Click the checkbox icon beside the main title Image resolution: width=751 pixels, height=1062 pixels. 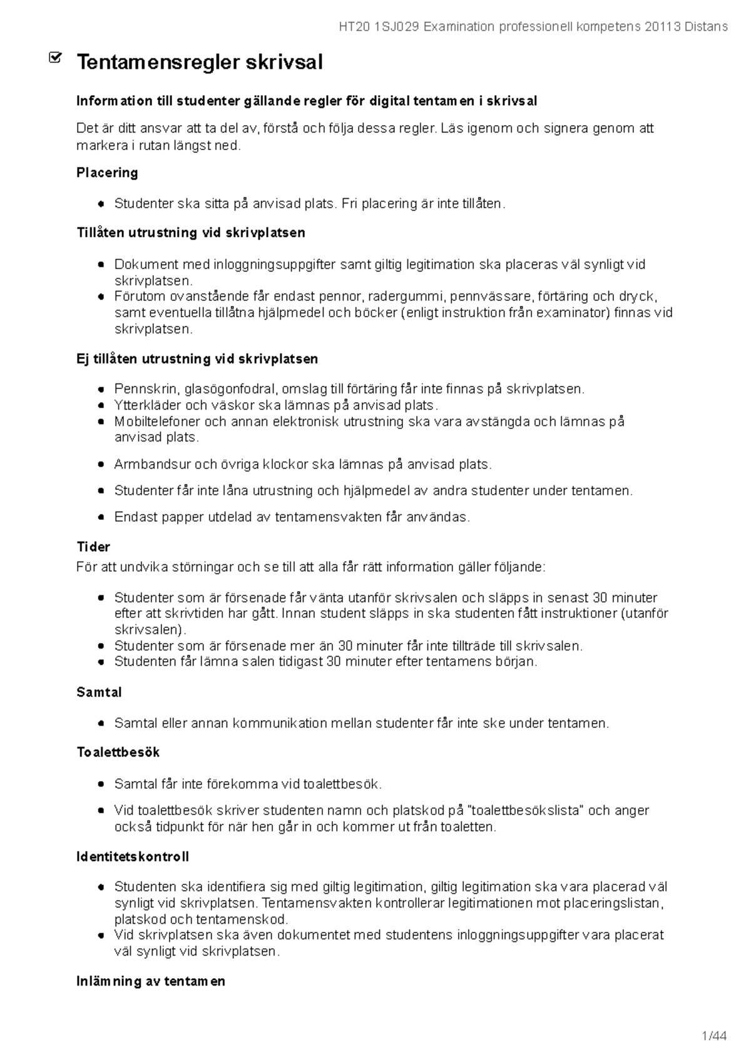click(55, 58)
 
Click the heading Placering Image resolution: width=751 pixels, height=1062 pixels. click(107, 173)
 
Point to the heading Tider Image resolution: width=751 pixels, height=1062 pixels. click(93, 547)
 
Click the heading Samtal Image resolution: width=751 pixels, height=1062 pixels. click(99, 692)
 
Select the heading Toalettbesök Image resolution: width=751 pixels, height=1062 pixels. click(118, 752)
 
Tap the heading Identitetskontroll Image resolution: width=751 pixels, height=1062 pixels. click(133, 856)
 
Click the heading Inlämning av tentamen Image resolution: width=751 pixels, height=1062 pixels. click(150, 981)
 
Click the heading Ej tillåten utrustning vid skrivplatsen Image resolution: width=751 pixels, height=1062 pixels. click(197, 359)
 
